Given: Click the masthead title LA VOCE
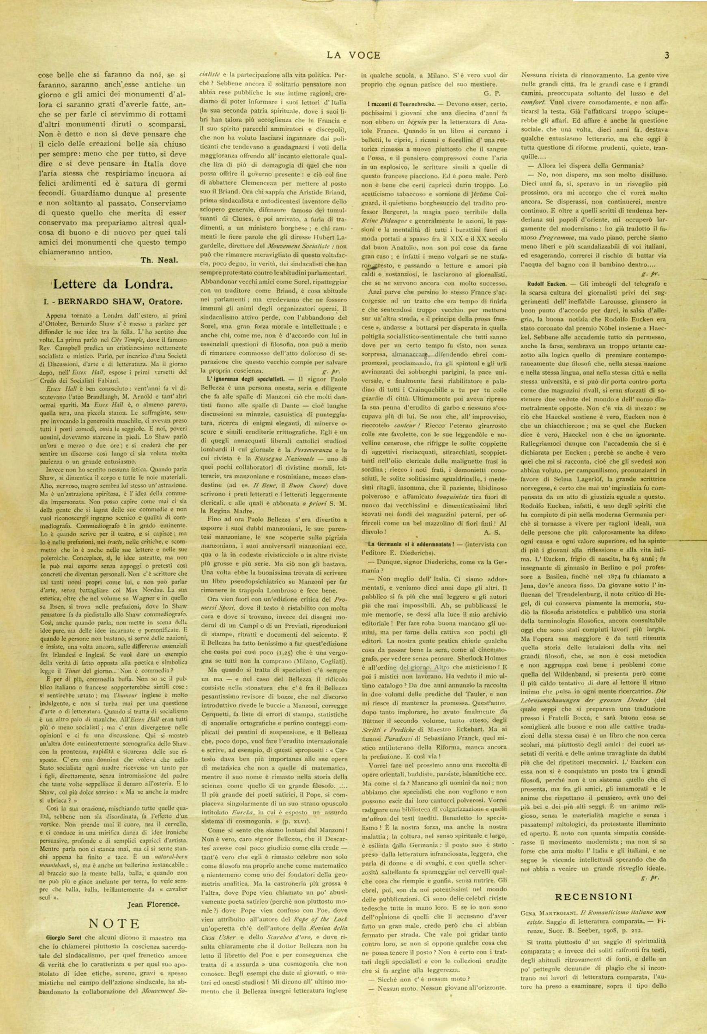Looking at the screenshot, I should coord(353,55).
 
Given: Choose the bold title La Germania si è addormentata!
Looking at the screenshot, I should coord(408,544).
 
